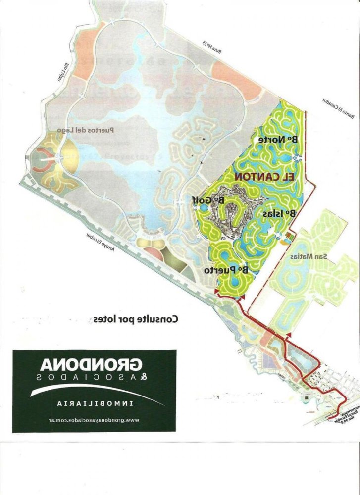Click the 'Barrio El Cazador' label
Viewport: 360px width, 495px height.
click(x=341, y=109)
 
